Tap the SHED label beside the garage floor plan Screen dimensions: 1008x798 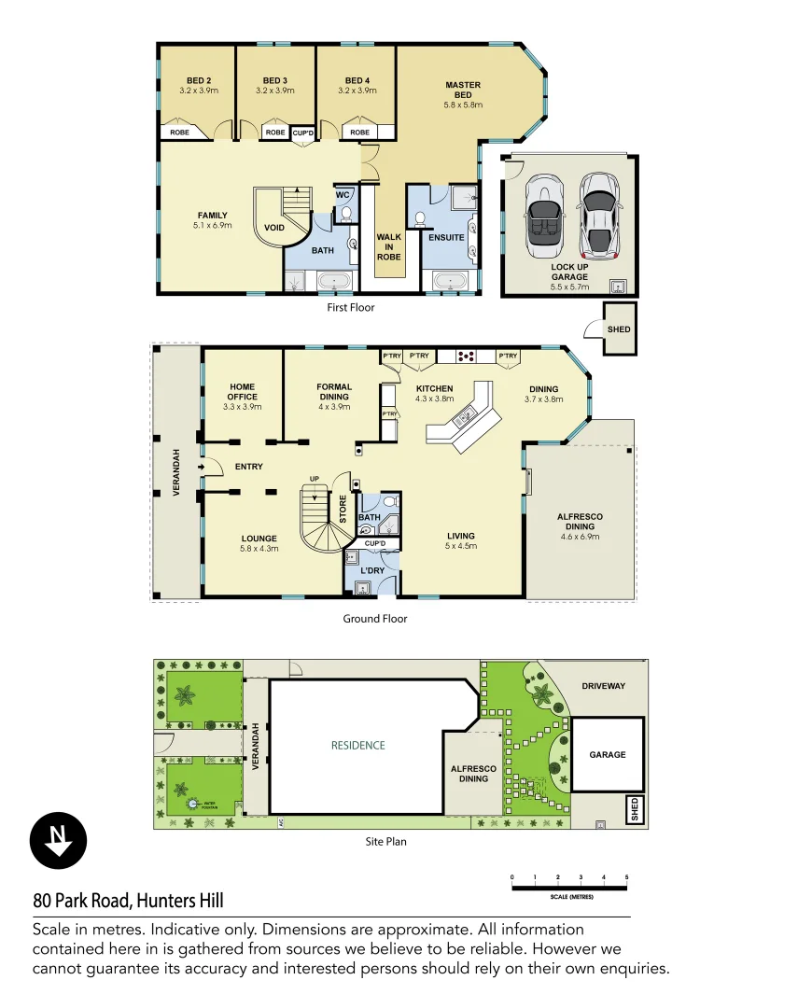tap(619, 329)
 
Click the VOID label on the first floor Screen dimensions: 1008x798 tap(274, 227)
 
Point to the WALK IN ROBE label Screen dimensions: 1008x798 tap(389, 246)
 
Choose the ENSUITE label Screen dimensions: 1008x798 tap(446, 237)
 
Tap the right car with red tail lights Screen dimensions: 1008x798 tap(598, 216)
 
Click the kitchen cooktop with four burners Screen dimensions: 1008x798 tap(466, 356)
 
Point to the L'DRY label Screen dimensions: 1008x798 tap(374, 569)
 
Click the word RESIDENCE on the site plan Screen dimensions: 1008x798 tap(358, 745)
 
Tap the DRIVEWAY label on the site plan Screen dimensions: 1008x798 tap(603, 686)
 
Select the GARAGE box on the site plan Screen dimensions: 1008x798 tap(608, 754)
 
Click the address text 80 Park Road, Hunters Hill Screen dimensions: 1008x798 tap(128, 901)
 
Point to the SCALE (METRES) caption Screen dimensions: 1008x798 tap(568, 897)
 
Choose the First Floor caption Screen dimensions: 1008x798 tap(351, 307)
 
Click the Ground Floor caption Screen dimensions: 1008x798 tap(375, 618)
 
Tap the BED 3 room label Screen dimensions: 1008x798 tap(275, 86)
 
